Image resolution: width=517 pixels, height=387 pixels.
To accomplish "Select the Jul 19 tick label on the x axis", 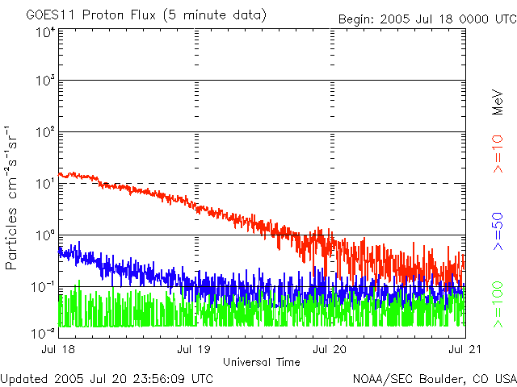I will pyautogui.click(x=195, y=349).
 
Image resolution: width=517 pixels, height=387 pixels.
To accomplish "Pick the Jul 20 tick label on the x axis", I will pyautogui.click(x=330, y=349).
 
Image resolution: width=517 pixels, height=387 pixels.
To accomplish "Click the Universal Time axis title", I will pyautogui.click(x=261, y=361).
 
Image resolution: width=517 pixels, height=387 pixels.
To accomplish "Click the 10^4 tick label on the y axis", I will pyautogui.click(x=44, y=32).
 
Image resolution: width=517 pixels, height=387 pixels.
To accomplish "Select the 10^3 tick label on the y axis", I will pyautogui.click(x=44, y=81).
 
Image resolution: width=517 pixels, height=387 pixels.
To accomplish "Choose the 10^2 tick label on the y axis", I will pyautogui.click(x=44, y=132).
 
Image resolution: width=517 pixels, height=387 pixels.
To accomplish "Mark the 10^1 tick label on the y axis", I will pyautogui.click(x=44, y=184).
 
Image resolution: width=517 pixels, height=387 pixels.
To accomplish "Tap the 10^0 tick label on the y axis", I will pyautogui.click(x=44, y=235).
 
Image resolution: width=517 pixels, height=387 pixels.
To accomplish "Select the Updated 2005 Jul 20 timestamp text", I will pyautogui.click(x=107, y=377).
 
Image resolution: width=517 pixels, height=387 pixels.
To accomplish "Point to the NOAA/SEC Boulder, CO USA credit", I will pyautogui.click(x=434, y=377).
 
